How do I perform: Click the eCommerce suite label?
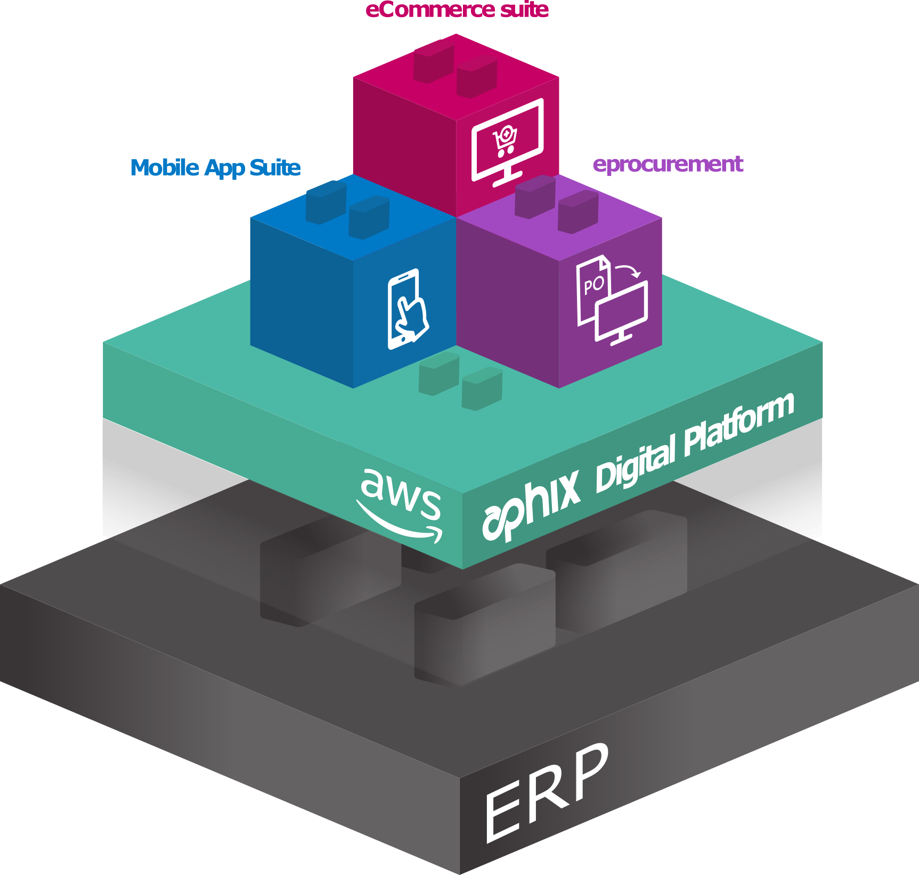(457, 10)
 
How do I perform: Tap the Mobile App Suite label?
(215, 167)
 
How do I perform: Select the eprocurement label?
(668, 164)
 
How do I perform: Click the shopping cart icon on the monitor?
(505, 140)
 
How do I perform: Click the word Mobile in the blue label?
(165, 167)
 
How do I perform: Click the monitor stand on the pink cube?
(507, 177)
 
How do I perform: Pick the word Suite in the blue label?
(275, 167)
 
